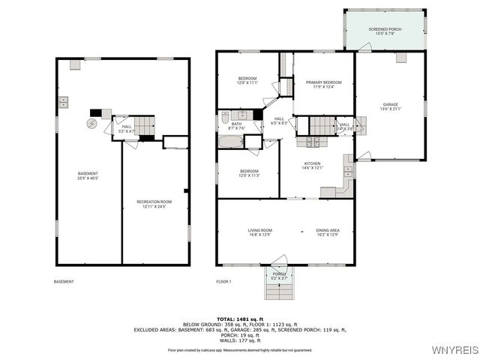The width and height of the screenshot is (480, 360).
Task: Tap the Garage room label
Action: [390, 106]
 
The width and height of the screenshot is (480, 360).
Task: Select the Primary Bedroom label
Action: [323, 84]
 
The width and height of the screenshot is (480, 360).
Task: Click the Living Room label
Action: [260, 232]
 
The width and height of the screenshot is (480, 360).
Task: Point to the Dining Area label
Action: [327, 232]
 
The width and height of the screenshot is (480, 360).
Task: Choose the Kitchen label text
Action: [312, 166]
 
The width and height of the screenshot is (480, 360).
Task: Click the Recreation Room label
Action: [151, 204]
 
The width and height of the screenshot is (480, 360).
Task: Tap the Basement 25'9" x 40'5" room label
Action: [88, 176]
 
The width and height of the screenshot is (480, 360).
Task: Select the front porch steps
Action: [278, 289]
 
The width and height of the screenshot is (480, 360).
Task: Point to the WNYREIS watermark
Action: [454, 350]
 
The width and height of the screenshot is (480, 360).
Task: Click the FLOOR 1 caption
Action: [223, 281]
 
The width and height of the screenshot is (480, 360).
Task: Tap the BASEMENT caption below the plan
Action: [64, 281]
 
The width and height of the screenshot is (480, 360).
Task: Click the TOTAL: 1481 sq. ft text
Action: [240, 319]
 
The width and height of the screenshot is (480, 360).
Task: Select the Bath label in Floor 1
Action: [236, 126]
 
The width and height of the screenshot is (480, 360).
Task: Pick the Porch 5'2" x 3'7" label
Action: [279, 276]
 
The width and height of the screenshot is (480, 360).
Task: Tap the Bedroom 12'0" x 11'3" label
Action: [249, 173]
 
